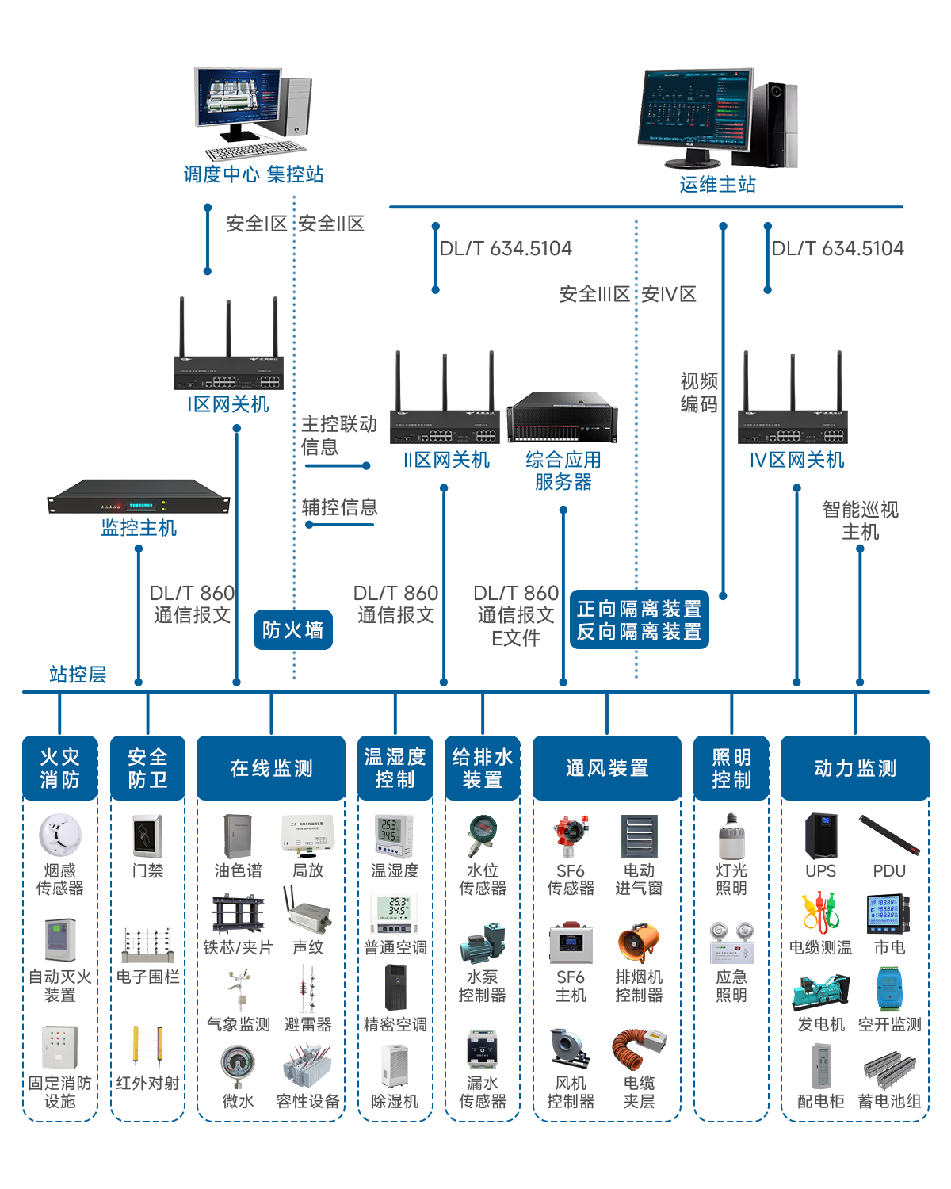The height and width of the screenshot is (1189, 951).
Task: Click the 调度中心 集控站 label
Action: [254, 174]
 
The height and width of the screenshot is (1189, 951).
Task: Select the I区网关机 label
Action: [229, 405]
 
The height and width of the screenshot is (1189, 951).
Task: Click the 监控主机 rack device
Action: [139, 496]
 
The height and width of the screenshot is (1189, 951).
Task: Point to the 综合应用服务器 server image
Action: [562, 418]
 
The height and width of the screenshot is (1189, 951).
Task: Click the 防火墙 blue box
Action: [292, 630]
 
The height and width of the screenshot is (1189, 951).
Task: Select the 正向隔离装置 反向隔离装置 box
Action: [639, 621]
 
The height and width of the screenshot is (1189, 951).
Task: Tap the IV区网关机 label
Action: [796, 461]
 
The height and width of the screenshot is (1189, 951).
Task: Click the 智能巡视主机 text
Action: [860, 521]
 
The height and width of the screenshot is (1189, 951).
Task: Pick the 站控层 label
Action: [78, 675]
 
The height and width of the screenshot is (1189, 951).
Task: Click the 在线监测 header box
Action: [271, 768]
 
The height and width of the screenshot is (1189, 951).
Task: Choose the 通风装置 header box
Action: [607, 768]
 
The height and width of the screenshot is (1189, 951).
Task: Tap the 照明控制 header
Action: [731, 768]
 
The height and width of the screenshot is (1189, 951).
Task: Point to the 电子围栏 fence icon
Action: [147, 945]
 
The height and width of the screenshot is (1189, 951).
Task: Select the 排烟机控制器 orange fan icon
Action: [638, 943]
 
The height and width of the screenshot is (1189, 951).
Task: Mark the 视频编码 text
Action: [698, 393]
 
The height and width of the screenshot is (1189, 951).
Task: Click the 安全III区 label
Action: [594, 295]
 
